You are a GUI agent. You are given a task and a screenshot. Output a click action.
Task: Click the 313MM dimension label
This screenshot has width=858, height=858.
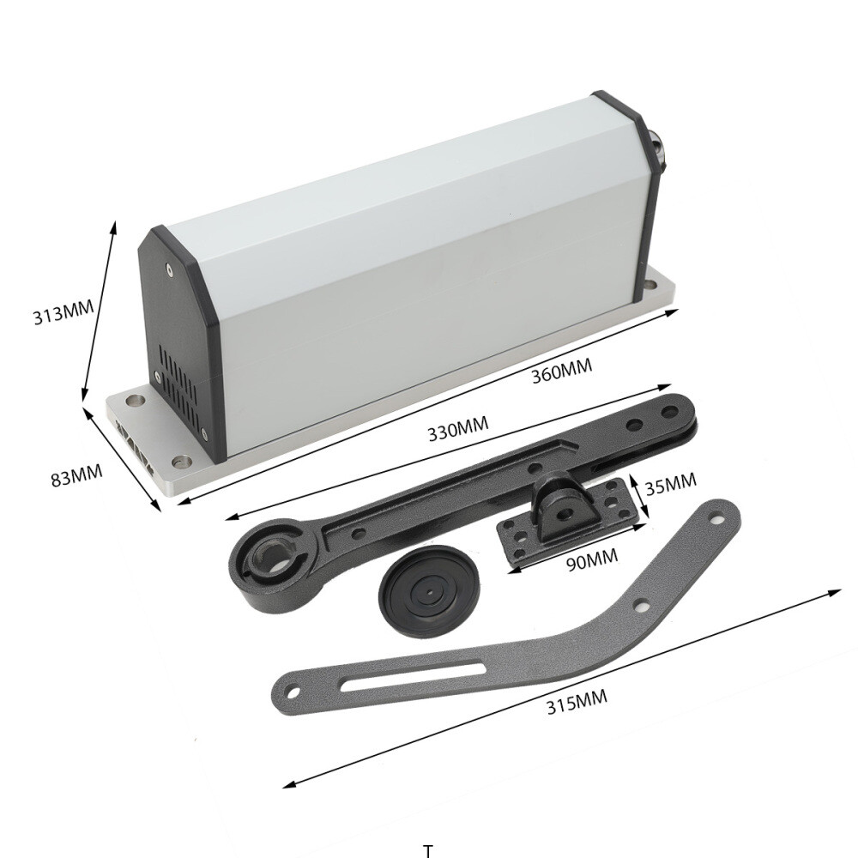click(62, 314)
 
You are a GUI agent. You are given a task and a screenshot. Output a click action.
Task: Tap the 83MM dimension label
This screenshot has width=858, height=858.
click(76, 474)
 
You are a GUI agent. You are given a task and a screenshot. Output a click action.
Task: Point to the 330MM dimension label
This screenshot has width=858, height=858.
click(459, 426)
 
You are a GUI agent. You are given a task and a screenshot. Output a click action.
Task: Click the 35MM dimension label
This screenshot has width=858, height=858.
click(670, 486)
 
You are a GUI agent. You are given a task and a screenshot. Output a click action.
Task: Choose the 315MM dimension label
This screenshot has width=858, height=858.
click(577, 702)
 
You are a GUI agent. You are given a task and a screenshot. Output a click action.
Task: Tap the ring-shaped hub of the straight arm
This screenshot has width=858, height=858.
click(269, 563)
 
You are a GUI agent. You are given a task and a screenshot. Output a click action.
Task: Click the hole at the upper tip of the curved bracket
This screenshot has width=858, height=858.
click(714, 517)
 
